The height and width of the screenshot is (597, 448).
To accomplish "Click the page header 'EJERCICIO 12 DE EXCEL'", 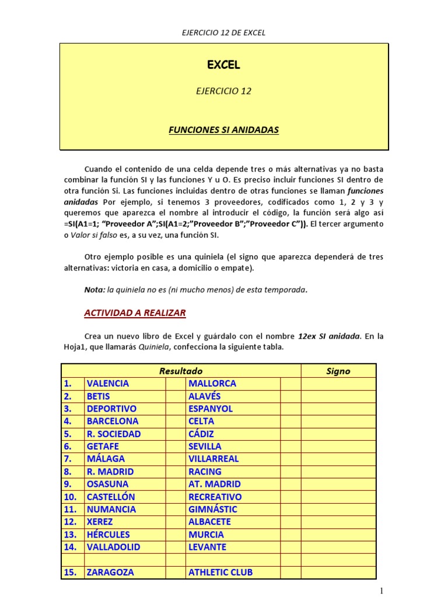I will coord(224,33).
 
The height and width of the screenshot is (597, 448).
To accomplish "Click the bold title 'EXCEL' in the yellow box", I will coord(224,65).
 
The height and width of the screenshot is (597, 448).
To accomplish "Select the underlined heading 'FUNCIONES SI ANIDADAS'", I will coord(224,130).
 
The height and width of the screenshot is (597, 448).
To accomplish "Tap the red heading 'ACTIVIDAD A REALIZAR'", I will coord(135,313).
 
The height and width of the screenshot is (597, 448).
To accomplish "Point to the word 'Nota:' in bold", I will coord(94,290).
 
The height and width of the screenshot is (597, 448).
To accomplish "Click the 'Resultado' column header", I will coord(181,371).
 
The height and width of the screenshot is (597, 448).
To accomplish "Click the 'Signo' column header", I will coord(338,371).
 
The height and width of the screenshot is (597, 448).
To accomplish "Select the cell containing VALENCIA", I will coord(108,384).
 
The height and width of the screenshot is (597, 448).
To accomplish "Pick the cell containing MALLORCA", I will coord(212,384).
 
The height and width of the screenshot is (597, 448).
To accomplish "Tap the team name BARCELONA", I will coord(113,421).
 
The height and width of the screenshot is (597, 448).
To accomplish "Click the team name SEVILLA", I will coord(205,447).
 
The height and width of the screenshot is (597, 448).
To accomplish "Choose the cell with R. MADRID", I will coord(110,472).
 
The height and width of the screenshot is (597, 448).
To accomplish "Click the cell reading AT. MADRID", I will coord(214,484).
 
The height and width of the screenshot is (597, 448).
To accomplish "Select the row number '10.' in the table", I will coord(71,497).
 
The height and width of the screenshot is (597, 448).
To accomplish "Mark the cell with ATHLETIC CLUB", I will coord(220,573).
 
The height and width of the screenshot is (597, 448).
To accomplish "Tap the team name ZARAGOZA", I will coord(110,573).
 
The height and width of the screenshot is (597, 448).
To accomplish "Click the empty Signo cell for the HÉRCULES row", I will coord(338,535).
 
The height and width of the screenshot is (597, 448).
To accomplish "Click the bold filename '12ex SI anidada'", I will coord(329,336).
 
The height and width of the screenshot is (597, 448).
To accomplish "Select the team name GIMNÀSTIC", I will coord(212,510).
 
